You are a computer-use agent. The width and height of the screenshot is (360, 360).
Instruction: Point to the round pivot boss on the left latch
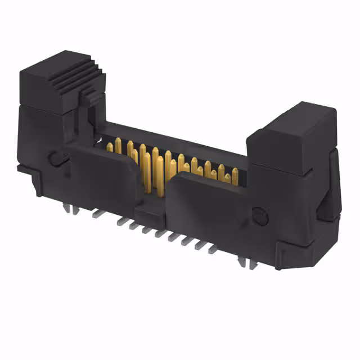point(56,158)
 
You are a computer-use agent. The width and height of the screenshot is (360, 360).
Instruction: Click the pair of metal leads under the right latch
point(244,260)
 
